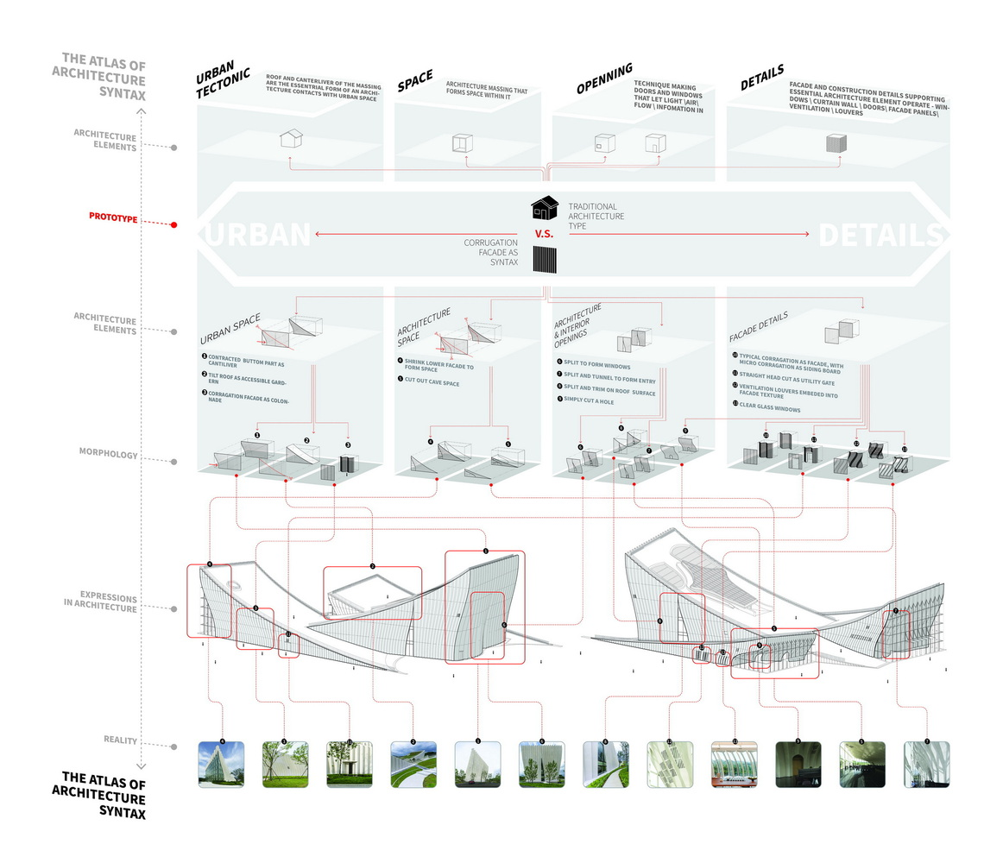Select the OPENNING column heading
coord(604,79)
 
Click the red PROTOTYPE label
coord(113,217)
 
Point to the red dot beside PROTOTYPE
coord(174,224)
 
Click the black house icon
coord(544,208)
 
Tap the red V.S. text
coord(544,234)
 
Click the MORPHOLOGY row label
coord(110,455)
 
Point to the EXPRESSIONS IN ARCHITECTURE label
coord(108,602)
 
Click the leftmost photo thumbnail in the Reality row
coord(222,764)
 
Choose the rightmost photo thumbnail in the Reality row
coord(927,764)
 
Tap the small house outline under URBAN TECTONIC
coord(290,140)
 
